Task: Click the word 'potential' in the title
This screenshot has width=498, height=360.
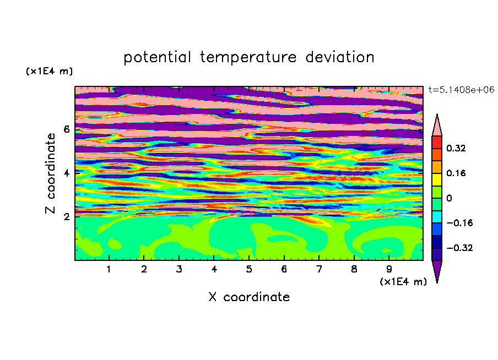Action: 157,58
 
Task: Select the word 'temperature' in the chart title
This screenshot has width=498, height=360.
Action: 248,57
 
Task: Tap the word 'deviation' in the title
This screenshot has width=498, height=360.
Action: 340,57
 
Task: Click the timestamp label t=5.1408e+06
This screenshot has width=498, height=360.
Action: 462,90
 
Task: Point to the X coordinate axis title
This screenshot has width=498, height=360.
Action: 249,297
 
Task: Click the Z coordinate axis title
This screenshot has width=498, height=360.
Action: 51,173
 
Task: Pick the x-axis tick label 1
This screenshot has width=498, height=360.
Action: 109,269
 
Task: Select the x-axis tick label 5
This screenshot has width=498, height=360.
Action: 249,269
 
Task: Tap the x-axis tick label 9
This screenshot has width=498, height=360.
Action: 389,269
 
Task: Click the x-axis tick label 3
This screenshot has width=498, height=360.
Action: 179,269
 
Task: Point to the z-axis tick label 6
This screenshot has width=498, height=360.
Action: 66,129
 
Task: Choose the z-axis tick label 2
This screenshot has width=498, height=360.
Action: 66,216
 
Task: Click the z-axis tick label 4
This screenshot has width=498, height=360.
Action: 66,173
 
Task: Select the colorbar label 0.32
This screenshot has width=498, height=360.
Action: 456,148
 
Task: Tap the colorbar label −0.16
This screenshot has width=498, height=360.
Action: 459,223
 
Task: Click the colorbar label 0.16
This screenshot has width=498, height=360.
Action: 456,173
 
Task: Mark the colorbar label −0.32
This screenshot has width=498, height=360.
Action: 459,248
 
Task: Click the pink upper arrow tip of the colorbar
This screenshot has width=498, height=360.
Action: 437,114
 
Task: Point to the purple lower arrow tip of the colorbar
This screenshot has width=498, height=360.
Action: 437,282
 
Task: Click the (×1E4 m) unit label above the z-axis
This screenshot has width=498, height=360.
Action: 49,71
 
